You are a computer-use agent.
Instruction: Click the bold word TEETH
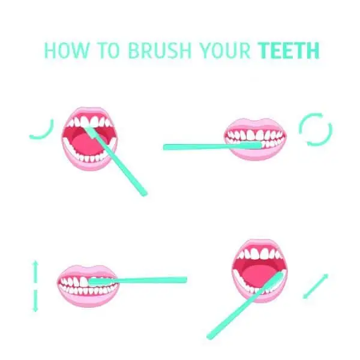[289, 51]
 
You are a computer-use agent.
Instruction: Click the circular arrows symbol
[315, 130]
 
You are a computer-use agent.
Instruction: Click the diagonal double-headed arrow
[316, 286]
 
